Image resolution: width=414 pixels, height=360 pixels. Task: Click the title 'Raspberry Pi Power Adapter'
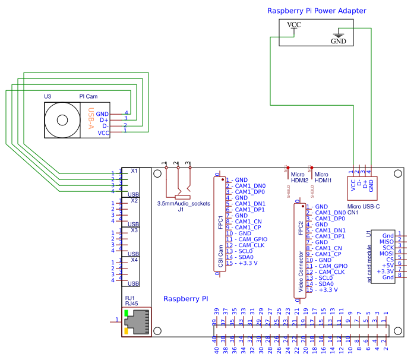point(316,11)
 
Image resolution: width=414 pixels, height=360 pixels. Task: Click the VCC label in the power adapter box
point(294,25)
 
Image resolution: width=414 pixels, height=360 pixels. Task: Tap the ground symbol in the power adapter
point(339,34)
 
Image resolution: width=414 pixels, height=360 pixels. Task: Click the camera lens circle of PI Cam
point(62,119)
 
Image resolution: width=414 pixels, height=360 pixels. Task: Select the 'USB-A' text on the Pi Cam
point(91,118)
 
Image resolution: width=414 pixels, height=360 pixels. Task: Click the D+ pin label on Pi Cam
point(103,119)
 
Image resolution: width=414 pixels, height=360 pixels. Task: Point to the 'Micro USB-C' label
point(363,206)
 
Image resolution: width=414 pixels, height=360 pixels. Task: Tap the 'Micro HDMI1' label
point(323,177)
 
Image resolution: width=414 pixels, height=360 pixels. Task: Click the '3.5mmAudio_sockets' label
point(183,203)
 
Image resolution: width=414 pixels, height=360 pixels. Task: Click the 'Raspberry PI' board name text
point(185,299)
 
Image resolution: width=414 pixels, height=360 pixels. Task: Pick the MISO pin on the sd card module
point(387,241)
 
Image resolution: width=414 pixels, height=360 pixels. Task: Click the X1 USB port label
point(134,171)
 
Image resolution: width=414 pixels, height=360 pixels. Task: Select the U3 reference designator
point(48,96)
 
